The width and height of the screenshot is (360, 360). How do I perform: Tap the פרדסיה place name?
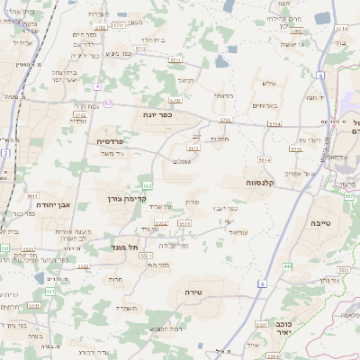[x=115, y=141]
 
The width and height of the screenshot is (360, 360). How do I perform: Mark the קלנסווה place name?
[x=266, y=182]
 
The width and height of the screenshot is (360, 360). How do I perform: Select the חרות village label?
[x=116, y=280]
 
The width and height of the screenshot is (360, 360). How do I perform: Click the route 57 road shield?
[x=108, y=103]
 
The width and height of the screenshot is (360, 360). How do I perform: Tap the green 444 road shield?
[x=288, y=266]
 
